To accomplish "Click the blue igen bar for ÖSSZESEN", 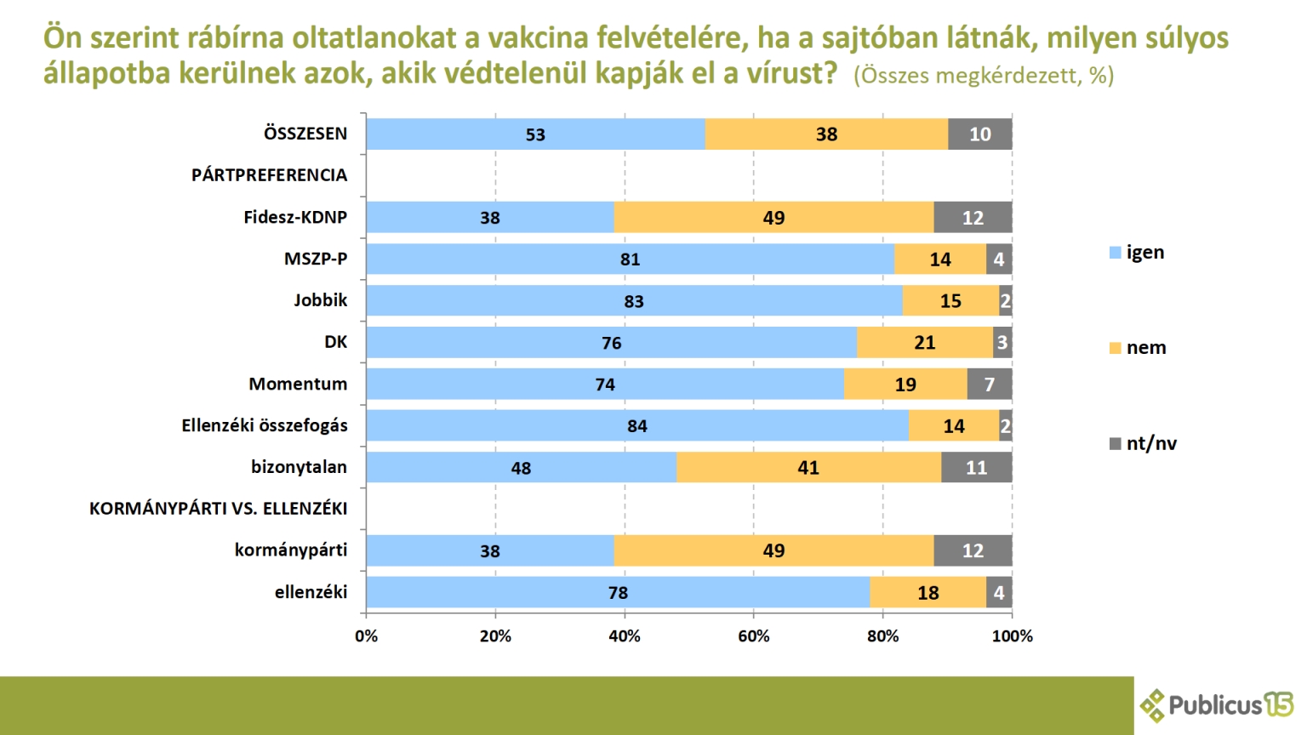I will [x=535, y=134].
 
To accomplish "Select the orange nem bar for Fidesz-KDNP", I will [x=773, y=218].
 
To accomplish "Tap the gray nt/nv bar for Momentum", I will [x=990, y=385].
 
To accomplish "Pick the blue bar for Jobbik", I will [x=634, y=301].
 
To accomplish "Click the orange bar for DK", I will [x=925, y=343].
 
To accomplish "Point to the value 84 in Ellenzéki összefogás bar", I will [x=637, y=426].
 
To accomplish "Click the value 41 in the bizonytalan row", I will [x=808, y=468].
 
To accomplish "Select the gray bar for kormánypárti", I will [x=973, y=551].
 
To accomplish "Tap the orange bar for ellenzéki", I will [x=928, y=593].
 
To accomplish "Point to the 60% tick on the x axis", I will [x=753, y=636].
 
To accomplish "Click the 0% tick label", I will [x=366, y=636].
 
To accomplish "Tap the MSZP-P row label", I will [x=316, y=259].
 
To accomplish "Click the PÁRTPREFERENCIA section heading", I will [x=269, y=175].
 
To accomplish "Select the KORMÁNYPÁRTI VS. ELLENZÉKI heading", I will [x=218, y=509].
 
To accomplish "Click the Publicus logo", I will [x=1217, y=705].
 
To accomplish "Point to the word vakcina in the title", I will [x=528, y=38].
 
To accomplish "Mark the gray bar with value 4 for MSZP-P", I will [x=999, y=259].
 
